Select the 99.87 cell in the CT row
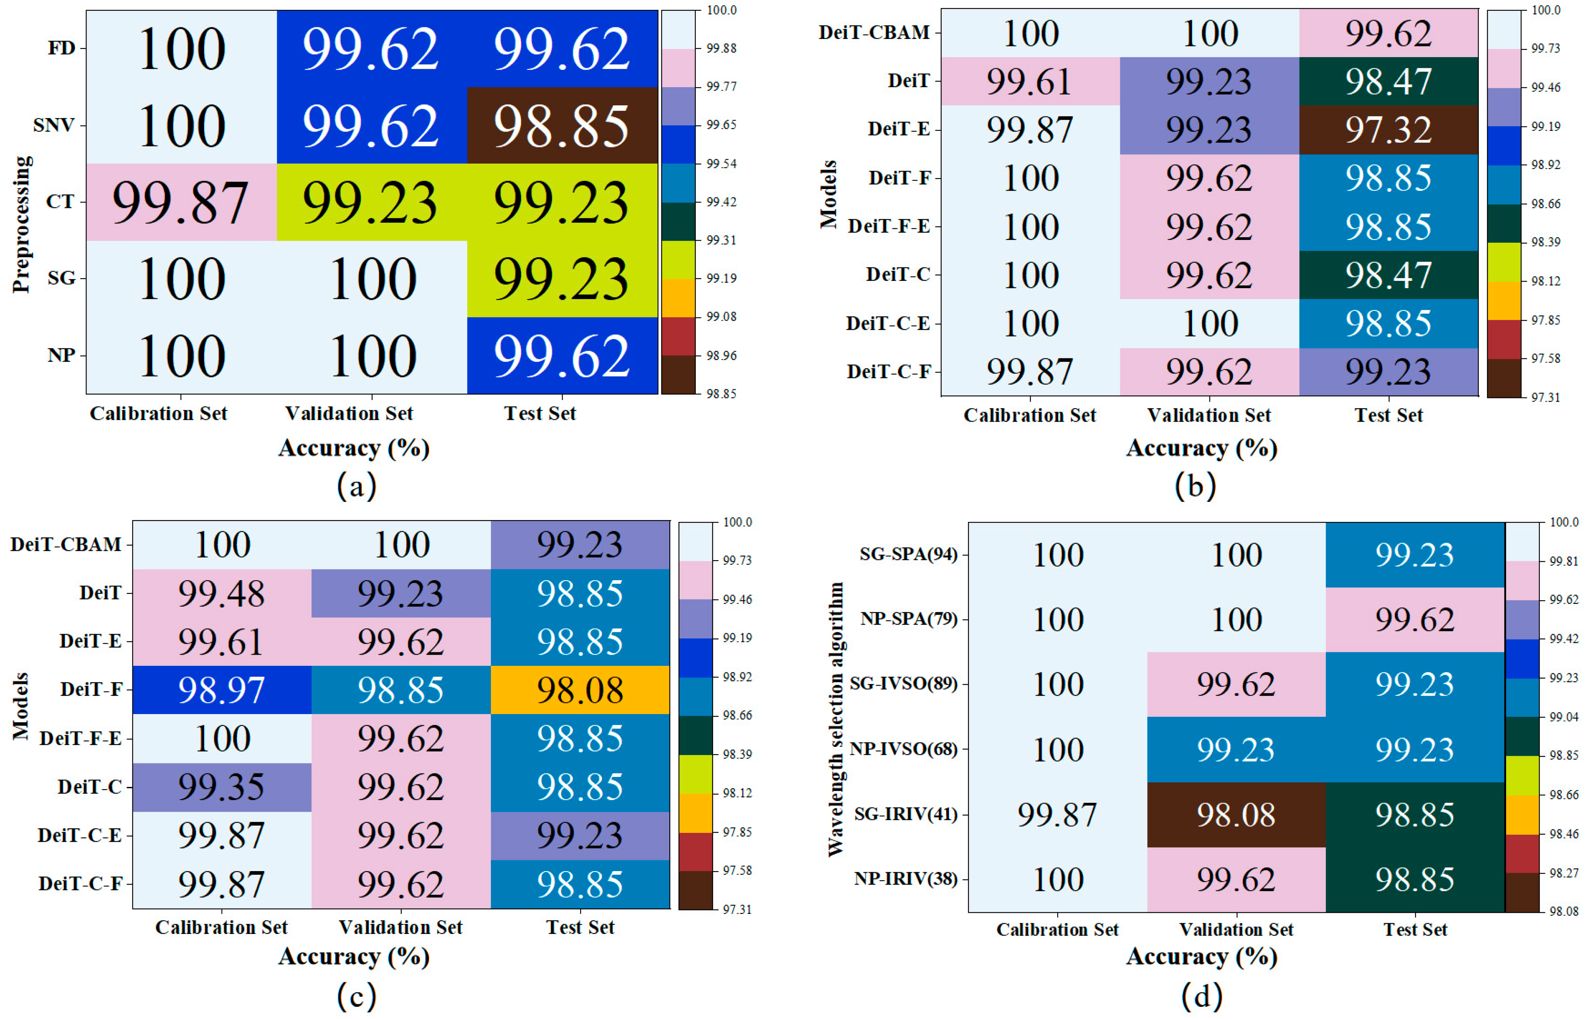tap(180, 202)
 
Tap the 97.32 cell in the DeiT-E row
tap(1388, 130)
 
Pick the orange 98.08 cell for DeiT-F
tap(580, 690)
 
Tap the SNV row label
tap(54, 125)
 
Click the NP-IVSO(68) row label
tap(904, 749)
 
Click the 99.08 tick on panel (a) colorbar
tap(721, 317)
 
